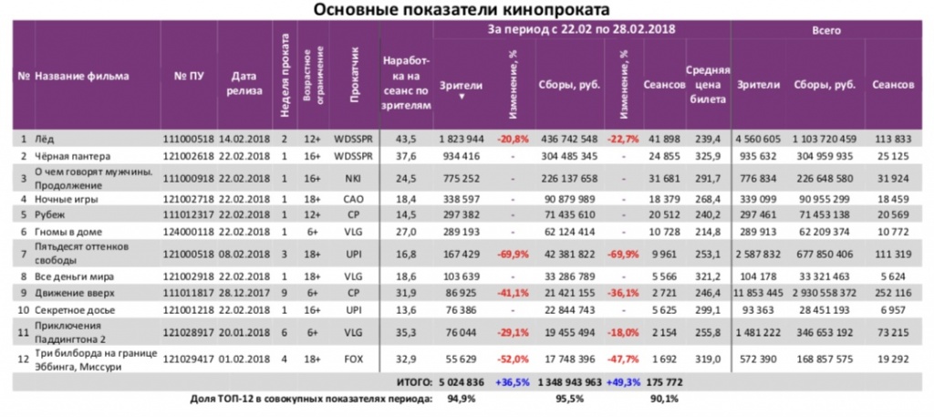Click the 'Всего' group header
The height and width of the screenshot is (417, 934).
click(x=826, y=30)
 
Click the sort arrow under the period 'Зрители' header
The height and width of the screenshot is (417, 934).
click(x=460, y=95)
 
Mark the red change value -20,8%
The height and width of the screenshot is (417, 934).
click(x=511, y=138)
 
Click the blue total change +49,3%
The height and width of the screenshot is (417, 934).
click(x=624, y=383)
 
